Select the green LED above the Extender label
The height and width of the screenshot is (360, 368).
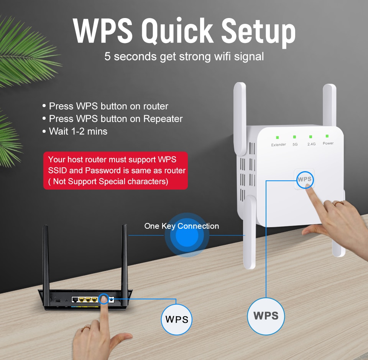pyautogui.click(x=277, y=137)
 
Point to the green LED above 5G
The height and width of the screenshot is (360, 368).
pyautogui.click(x=294, y=137)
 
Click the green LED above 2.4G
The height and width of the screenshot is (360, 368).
pyautogui.click(x=310, y=137)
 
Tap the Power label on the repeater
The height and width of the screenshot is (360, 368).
pyautogui.click(x=328, y=143)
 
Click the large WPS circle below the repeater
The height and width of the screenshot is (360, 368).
pyautogui.click(x=266, y=316)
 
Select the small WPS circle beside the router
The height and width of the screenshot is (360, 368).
pyautogui.click(x=176, y=319)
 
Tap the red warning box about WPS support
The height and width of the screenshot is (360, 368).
pyautogui.click(x=115, y=170)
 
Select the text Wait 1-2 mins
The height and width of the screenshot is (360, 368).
pyautogui.click(x=78, y=131)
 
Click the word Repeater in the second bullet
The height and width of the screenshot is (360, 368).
pyautogui.click(x=163, y=119)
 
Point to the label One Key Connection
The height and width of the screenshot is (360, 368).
pyautogui.click(x=182, y=226)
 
